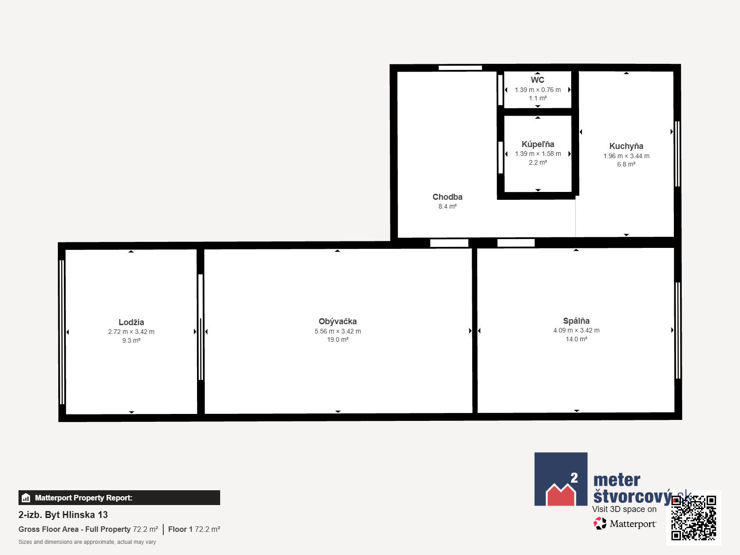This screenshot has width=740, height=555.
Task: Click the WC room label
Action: coord(537,80)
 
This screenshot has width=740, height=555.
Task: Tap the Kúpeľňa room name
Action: coord(538,144)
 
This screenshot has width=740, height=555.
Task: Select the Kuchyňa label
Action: coord(626,146)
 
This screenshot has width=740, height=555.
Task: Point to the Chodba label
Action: coord(447,197)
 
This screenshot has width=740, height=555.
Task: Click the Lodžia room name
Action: coord(131,322)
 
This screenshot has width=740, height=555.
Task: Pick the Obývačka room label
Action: coord(338,321)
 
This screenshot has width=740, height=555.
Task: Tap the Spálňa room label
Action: coord(576,321)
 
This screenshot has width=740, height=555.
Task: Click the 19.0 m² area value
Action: coord(338,339)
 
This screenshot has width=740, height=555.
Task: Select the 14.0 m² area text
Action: coord(576,339)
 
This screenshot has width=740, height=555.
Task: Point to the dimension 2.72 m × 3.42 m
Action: coord(131,332)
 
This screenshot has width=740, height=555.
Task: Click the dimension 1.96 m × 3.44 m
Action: coord(626,156)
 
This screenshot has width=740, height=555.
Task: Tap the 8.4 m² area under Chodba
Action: coord(447,206)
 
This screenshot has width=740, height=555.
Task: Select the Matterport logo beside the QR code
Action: coord(625,524)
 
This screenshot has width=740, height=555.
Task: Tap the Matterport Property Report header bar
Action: coord(119,498)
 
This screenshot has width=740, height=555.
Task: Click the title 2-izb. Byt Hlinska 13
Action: coord(63,515)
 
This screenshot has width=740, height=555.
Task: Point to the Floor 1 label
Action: coord(180,530)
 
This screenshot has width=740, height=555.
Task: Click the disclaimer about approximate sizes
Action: coord(87,542)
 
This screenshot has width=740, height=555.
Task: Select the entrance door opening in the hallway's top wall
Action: coord(460,68)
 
